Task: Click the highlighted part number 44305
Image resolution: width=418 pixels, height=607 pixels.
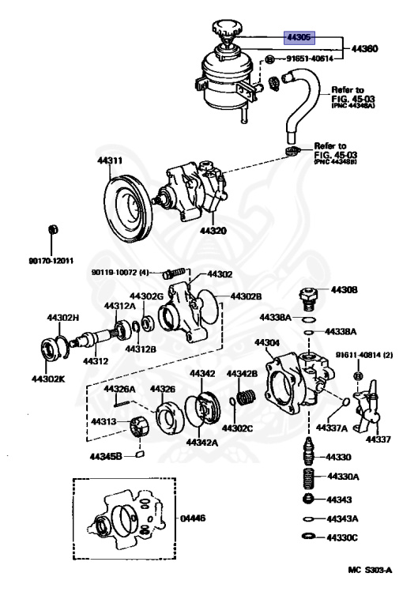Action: pyautogui.click(x=301, y=36)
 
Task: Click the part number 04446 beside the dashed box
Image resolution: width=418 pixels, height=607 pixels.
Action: pyautogui.click(x=193, y=518)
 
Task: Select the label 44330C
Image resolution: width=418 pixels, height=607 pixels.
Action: pyautogui.click(x=344, y=537)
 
